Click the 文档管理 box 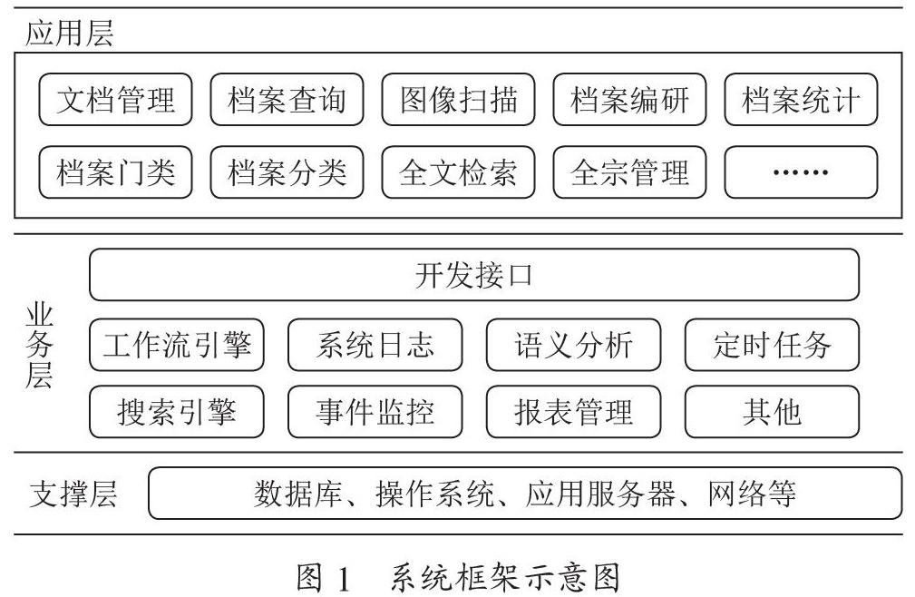pyautogui.click(x=115, y=99)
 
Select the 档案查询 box pyautogui.click(x=287, y=99)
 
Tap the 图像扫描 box pyautogui.click(x=458, y=99)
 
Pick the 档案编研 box pyautogui.click(x=629, y=99)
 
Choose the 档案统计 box pyautogui.click(x=801, y=99)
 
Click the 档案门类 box pyautogui.click(x=115, y=172)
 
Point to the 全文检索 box pyautogui.click(x=458, y=172)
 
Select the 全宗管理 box pyautogui.click(x=629, y=172)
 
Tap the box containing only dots pyautogui.click(x=801, y=172)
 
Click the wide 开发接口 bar pyautogui.click(x=474, y=275)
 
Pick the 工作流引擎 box pyautogui.click(x=176, y=345)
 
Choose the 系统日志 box pyautogui.click(x=375, y=345)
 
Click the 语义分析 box pyautogui.click(x=574, y=345)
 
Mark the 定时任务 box pyautogui.click(x=772, y=345)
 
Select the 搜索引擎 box pyautogui.click(x=176, y=412)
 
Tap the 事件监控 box pyautogui.click(x=375, y=412)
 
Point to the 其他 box pyautogui.click(x=772, y=412)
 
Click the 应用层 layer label pyautogui.click(x=70, y=33)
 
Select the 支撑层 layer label pyautogui.click(x=73, y=494)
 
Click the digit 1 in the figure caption pyautogui.click(x=343, y=579)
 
